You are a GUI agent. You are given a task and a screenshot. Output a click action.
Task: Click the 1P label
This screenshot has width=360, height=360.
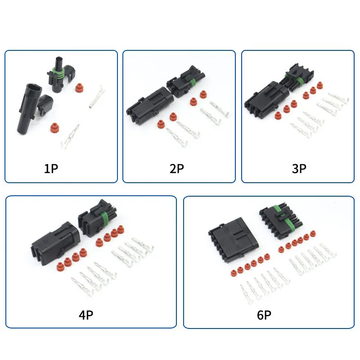(51, 169)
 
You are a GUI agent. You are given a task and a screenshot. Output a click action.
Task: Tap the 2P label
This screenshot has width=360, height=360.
(176, 169)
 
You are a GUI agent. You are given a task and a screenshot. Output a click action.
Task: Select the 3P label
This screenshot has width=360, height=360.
(299, 169)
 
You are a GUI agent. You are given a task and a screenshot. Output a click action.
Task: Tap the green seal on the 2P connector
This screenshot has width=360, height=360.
(192, 82)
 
